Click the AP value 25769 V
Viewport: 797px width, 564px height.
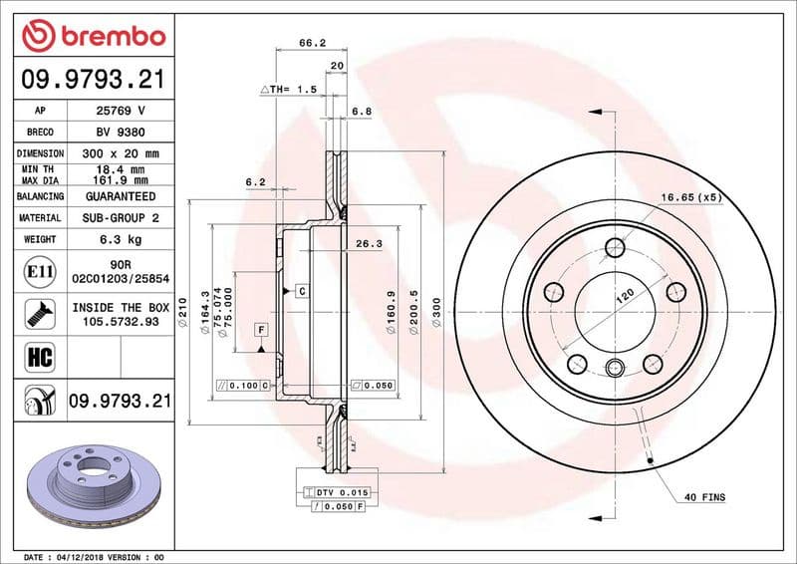[x=121, y=111]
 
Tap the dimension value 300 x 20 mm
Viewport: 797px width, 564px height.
[x=121, y=153]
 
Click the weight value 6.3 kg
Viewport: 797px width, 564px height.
[x=121, y=239]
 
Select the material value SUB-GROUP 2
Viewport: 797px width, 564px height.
[x=121, y=217]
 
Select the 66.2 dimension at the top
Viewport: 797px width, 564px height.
[x=313, y=43]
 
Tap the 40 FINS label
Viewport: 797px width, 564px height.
[x=705, y=496]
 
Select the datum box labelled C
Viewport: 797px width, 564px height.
[x=299, y=290]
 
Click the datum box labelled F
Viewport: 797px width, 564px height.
[x=261, y=329]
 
